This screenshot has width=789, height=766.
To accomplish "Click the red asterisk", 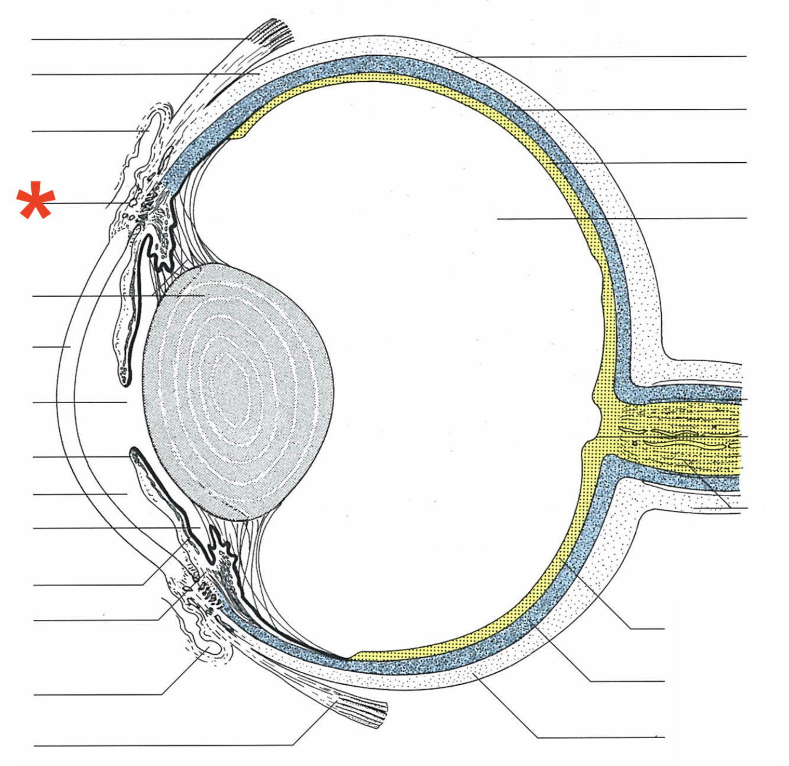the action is [x=36, y=201].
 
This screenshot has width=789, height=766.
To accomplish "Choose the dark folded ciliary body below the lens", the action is [x=219, y=551].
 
